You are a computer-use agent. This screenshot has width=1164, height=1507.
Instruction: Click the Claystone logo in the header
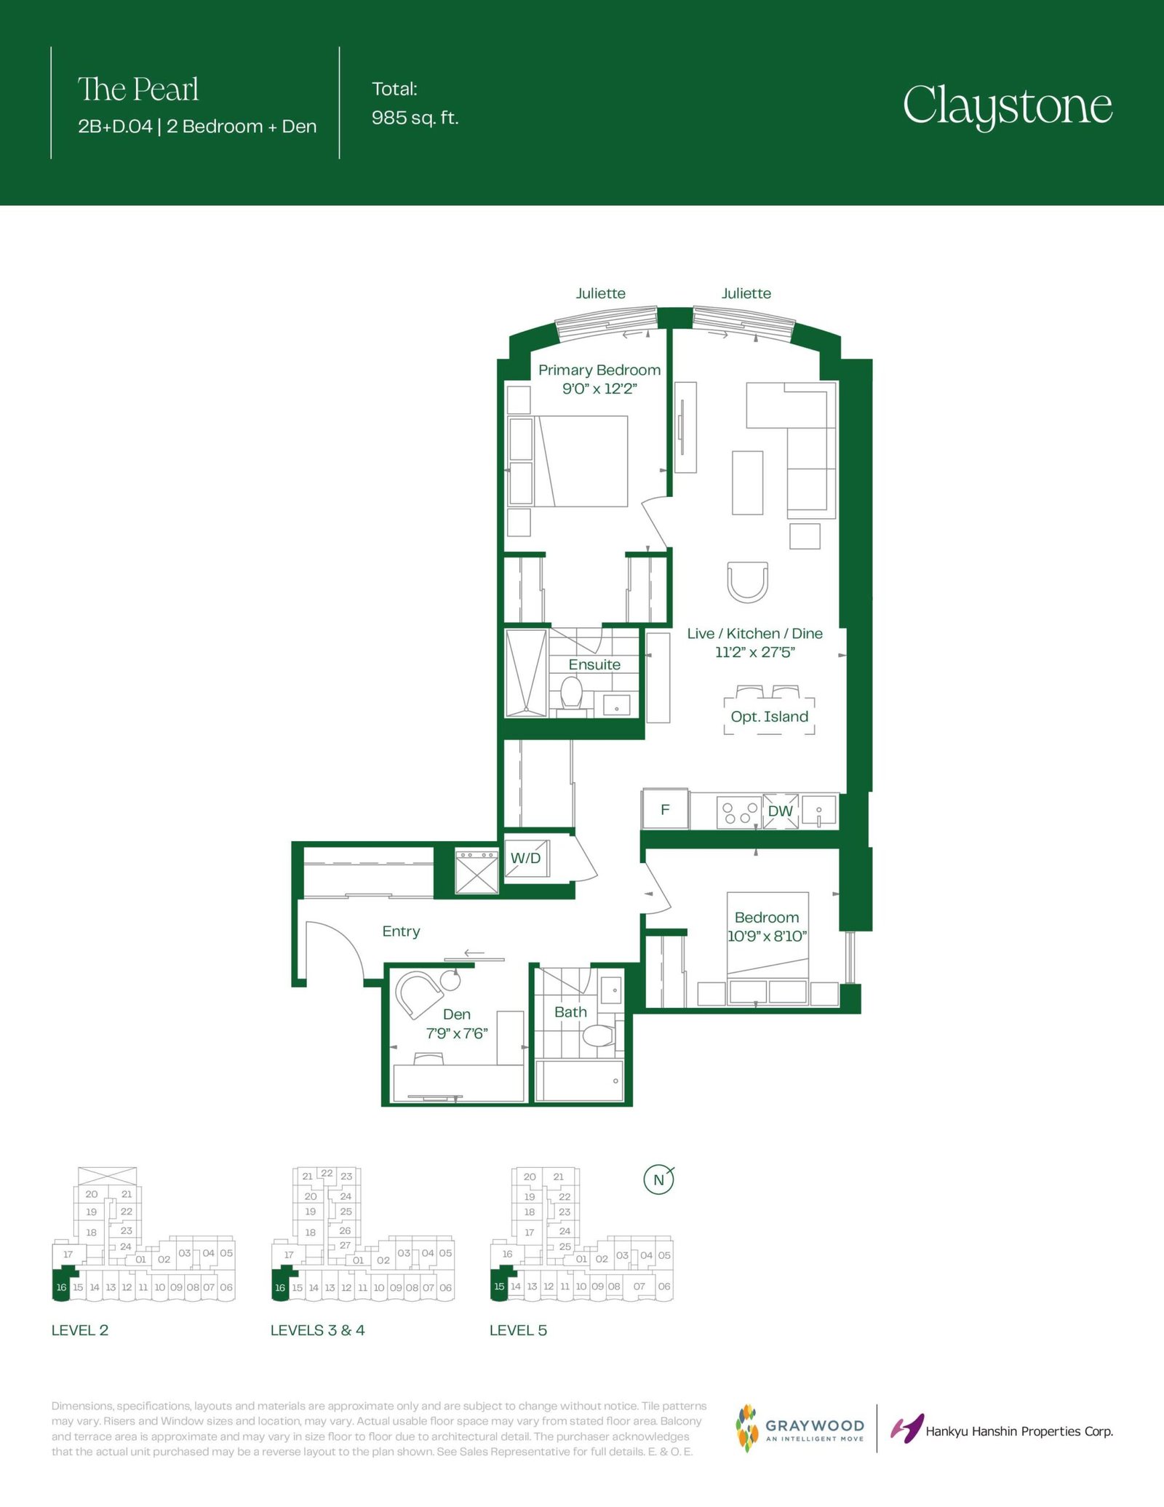point(1008,106)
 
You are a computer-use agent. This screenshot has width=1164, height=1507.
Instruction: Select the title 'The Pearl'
point(138,90)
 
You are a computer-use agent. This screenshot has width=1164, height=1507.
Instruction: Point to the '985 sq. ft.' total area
point(415,118)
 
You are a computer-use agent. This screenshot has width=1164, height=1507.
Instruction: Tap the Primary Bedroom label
point(599,370)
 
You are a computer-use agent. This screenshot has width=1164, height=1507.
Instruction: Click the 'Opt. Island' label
point(770,717)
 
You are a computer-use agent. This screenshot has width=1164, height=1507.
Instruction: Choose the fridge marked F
point(665,809)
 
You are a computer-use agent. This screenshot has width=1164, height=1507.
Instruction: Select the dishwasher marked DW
point(780,811)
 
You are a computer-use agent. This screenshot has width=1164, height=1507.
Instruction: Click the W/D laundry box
point(526,858)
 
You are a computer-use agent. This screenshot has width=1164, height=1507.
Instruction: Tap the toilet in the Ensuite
point(571,693)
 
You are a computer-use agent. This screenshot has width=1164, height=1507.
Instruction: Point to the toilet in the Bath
point(600,1035)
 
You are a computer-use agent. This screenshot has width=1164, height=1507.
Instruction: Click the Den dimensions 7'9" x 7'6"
point(457,1033)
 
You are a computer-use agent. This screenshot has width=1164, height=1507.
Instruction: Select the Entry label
point(401,931)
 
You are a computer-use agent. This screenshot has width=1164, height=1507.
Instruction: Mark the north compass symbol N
point(659,1180)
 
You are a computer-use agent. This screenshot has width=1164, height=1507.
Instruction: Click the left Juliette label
point(601,293)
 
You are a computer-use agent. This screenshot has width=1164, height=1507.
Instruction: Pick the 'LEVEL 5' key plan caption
point(518,1330)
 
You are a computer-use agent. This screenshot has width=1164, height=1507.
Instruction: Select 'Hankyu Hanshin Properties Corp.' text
point(1019,1431)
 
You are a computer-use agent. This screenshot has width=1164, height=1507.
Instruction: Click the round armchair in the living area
point(748,581)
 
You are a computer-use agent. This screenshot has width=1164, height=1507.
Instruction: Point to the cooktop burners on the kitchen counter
point(738,811)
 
